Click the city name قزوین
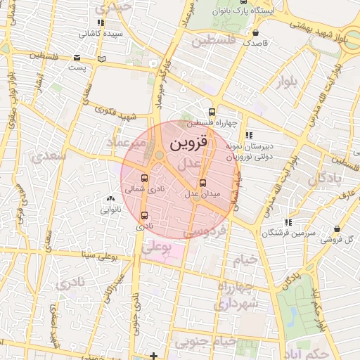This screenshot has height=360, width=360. coord(189,143)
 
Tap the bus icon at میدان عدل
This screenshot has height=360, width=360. coord(213,183)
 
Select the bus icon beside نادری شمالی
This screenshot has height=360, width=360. coord(144,179)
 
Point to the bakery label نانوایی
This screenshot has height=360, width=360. coord(108,209)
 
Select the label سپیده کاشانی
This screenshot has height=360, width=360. coord(101,32)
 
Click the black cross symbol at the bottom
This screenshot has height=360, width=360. coord(154,356)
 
